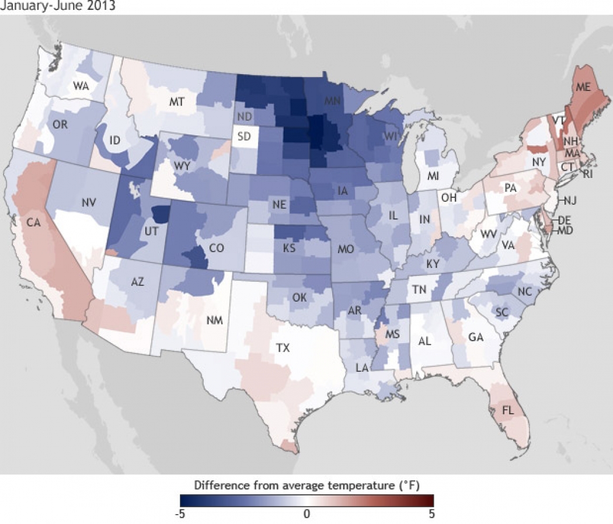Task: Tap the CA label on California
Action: click(x=33, y=222)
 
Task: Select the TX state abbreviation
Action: click(x=283, y=348)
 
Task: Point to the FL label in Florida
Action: click(x=508, y=411)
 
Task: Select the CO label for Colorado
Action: click(x=217, y=248)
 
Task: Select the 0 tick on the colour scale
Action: click(x=306, y=514)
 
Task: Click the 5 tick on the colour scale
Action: click(x=431, y=514)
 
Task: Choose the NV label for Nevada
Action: click(x=89, y=203)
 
